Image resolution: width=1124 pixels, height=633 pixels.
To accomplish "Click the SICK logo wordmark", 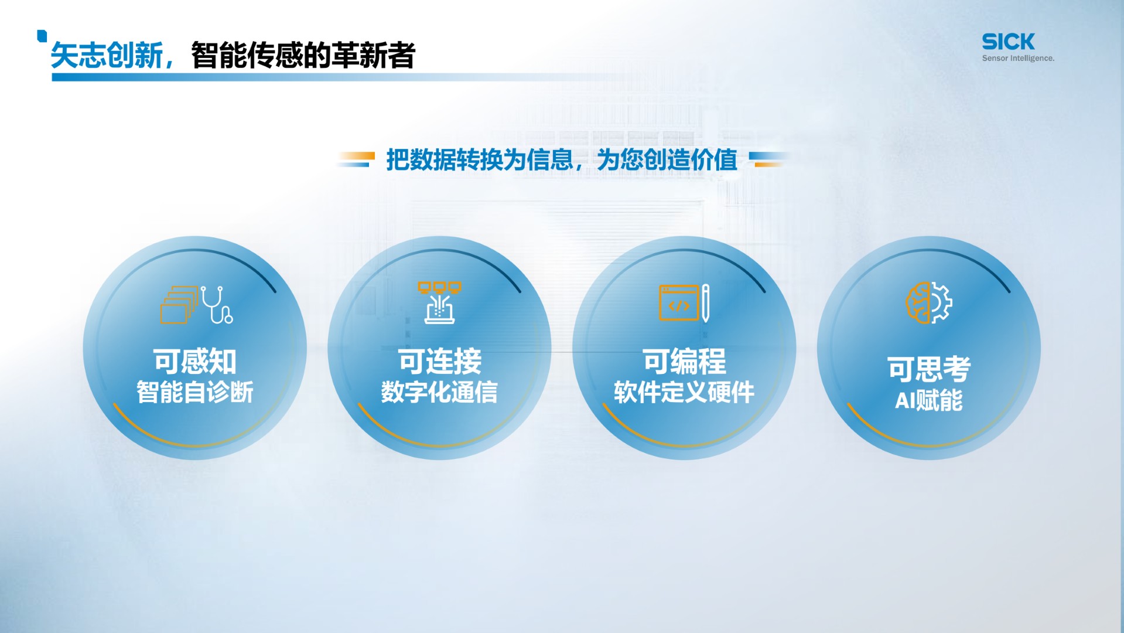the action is click(x=1008, y=42).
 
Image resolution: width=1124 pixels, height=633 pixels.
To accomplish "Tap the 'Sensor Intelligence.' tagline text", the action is click(x=1018, y=58).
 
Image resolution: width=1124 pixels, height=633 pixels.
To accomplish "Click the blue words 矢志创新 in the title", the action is click(x=107, y=56).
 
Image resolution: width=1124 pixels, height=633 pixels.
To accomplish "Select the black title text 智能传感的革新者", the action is click(x=303, y=56).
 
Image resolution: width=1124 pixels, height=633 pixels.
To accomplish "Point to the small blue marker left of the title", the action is click(x=42, y=36).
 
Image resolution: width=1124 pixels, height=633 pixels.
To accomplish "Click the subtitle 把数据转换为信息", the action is click(x=480, y=159).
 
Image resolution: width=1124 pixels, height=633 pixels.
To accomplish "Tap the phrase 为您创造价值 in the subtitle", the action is click(x=667, y=159).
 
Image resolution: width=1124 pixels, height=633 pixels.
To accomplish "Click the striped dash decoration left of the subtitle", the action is click(x=356, y=159).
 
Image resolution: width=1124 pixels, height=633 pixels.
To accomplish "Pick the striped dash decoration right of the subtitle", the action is click(x=768, y=159).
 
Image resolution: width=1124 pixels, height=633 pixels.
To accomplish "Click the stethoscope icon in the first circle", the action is click(x=217, y=304).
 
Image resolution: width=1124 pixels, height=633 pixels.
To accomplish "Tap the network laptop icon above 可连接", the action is click(x=439, y=302).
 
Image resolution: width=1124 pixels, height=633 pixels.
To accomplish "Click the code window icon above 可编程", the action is click(x=679, y=303).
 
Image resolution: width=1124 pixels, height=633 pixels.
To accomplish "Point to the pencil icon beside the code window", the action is click(x=706, y=303).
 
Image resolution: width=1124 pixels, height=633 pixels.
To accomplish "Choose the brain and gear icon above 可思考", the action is click(x=929, y=302).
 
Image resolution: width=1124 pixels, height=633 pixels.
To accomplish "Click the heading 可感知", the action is click(x=195, y=361).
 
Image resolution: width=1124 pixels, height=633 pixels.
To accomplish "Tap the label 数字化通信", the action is click(x=439, y=392).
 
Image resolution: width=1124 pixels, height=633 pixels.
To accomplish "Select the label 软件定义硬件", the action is click(x=684, y=392).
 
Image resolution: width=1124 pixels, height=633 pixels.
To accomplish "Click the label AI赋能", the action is click(x=929, y=400).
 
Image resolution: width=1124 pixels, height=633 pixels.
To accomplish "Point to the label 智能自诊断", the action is click(x=195, y=392).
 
